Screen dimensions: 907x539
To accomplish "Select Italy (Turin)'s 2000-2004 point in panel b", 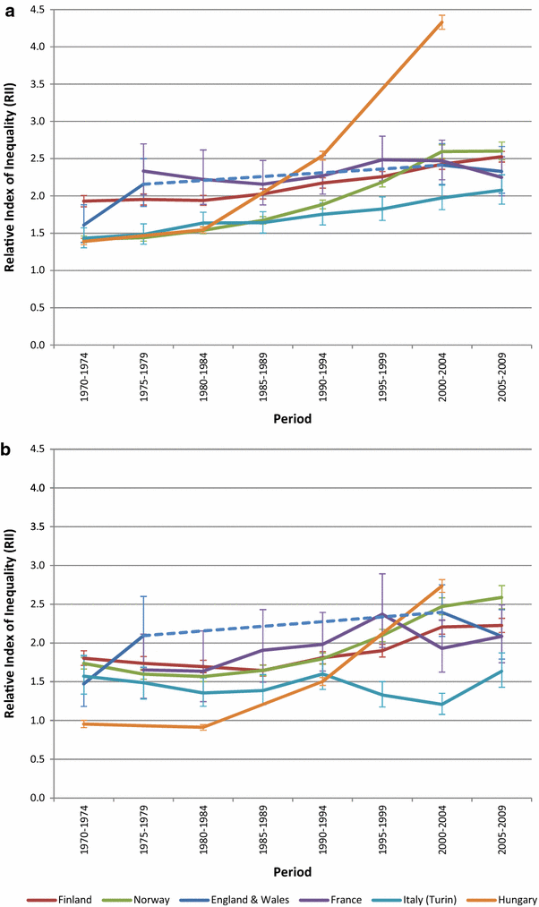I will tap(441, 704).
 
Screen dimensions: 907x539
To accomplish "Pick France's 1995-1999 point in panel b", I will tap(381, 614).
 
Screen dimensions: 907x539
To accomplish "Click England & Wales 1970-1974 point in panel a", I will tap(84, 225).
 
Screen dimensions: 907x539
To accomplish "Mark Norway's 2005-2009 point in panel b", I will tap(500, 597).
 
